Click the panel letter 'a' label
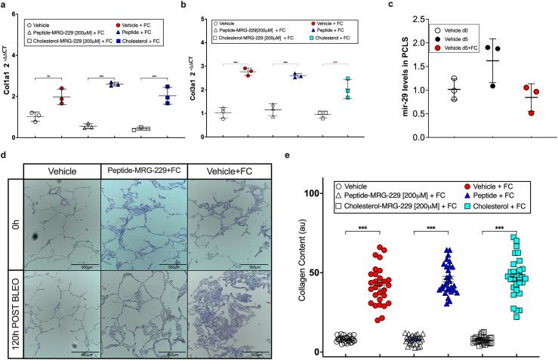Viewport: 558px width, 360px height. (x=5, y=5)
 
